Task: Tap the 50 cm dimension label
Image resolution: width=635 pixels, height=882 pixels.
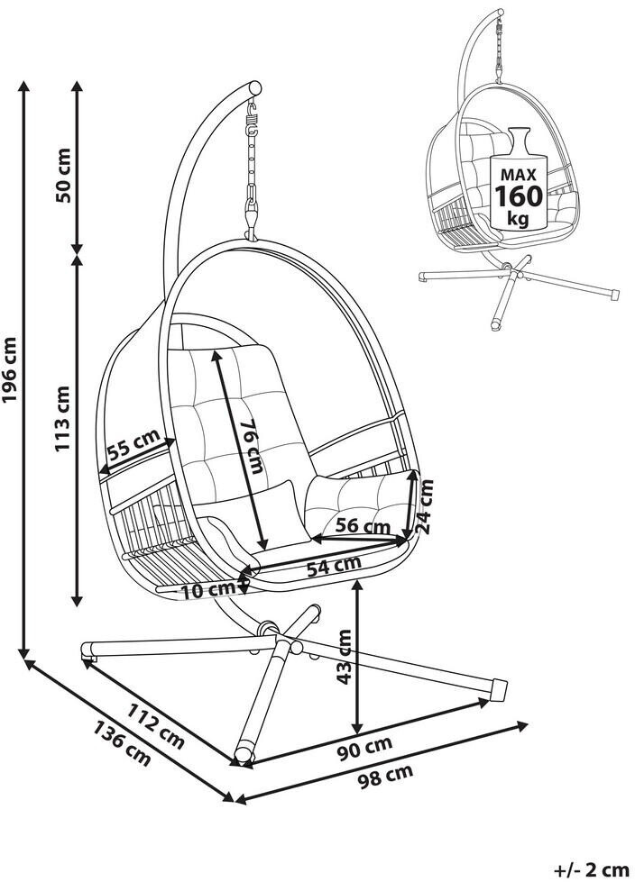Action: click(x=63, y=175)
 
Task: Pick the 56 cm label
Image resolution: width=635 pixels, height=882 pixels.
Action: click(x=363, y=526)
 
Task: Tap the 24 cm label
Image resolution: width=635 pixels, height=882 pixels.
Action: click(x=427, y=505)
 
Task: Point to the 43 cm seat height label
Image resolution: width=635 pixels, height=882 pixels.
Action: click(x=344, y=657)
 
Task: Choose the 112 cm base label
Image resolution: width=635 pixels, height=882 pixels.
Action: click(x=156, y=726)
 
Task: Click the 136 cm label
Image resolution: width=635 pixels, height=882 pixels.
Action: click(x=122, y=743)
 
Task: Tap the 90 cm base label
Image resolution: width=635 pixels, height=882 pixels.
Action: click(x=364, y=749)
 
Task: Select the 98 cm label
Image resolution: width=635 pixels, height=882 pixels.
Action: click(x=386, y=777)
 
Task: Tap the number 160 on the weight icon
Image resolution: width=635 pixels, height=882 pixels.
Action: click(x=519, y=195)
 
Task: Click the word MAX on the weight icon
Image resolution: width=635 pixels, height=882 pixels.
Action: click(x=518, y=175)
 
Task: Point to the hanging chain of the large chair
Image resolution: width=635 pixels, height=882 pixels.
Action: click(x=252, y=168)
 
